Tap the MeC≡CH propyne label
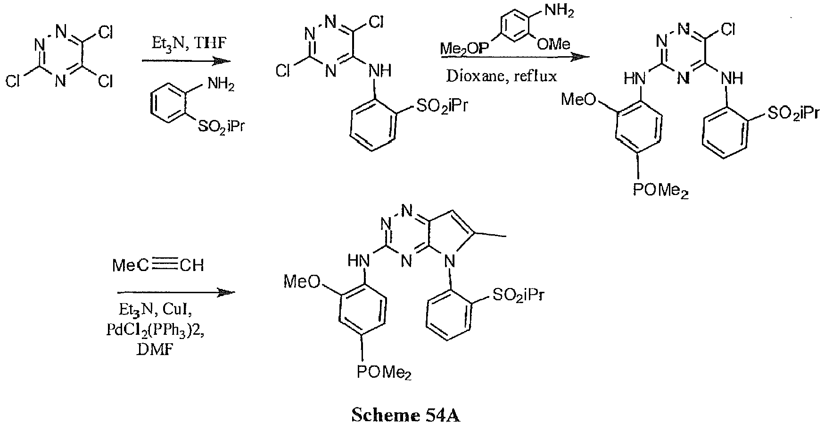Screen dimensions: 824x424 click(x=158, y=265)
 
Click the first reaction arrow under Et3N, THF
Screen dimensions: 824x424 click(x=186, y=61)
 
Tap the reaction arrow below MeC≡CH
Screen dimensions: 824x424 click(x=175, y=293)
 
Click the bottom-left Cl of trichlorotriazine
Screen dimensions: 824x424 click(x=13, y=82)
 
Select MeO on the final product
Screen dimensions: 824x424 click(x=302, y=282)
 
